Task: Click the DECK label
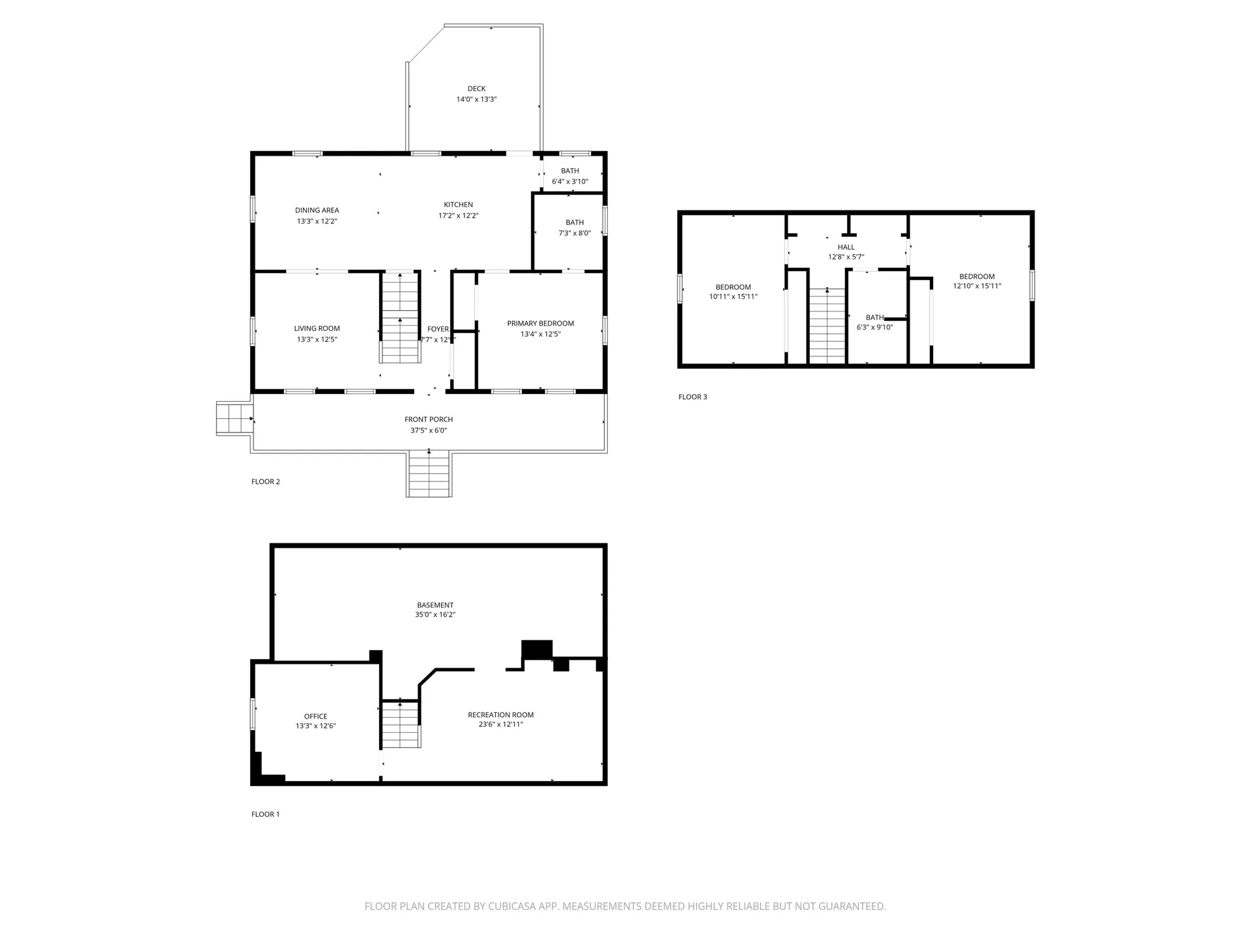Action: coord(476,89)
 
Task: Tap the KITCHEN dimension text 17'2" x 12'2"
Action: coord(458,216)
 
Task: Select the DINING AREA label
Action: coord(317,210)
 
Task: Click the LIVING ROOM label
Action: coord(317,329)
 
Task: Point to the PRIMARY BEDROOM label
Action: coord(540,324)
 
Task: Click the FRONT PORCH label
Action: coord(428,419)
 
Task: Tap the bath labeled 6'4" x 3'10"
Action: coord(569,176)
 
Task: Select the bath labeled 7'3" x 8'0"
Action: coord(574,227)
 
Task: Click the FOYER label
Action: coord(437,329)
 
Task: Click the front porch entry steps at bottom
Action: coord(429,474)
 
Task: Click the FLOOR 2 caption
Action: coord(265,482)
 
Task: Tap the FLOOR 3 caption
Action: coord(692,397)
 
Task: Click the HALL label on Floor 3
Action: coord(846,247)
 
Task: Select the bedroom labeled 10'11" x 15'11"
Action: coord(733,292)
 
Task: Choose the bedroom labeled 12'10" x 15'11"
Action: coord(977,281)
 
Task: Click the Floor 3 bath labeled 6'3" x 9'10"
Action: coord(874,322)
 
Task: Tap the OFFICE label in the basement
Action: coord(315,717)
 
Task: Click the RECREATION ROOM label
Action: coord(500,715)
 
